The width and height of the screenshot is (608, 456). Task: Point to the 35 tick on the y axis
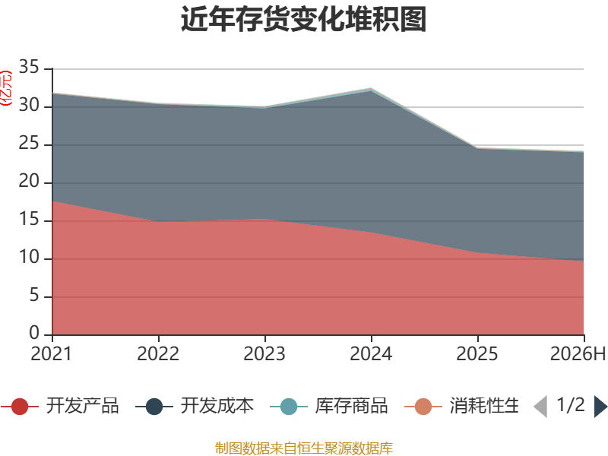pyautogui.click(x=29, y=67)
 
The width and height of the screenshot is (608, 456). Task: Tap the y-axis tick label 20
pyautogui.click(x=29, y=181)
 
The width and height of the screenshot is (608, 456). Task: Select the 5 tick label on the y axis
pyautogui.click(x=34, y=295)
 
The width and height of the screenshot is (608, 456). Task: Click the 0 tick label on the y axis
pyautogui.click(x=34, y=333)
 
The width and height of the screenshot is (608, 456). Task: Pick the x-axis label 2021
pyautogui.click(x=52, y=353)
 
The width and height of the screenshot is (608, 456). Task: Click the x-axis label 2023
pyautogui.click(x=264, y=353)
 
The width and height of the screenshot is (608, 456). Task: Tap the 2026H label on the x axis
pyautogui.click(x=578, y=353)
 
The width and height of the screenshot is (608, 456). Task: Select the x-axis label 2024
pyautogui.click(x=371, y=353)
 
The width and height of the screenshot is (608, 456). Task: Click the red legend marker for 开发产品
pyautogui.click(x=20, y=407)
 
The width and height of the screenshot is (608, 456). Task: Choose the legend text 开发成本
pyautogui.click(x=217, y=406)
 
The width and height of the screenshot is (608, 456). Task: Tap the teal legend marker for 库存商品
pyautogui.click(x=289, y=407)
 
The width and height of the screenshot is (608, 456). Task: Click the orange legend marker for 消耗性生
pyautogui.click(x=423, y=407)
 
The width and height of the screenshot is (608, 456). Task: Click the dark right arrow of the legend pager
pyautogui.click(x=600, y=407)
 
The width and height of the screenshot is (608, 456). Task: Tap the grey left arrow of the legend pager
pyautogui.click(x=541, y=407)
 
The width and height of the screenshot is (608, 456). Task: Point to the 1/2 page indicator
pyautogui.click(x=571, y=405)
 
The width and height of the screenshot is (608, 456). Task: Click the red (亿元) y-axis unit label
pyautogui.click(x=6, y=88)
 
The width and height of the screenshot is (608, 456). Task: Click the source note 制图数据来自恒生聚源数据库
pyautogui.click(x=304, y=448)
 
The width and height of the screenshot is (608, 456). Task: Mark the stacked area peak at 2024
pyautogui.click(x=371, y=88)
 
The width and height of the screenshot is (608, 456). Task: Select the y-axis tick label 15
pyautogui.click(x=29, y=219)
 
